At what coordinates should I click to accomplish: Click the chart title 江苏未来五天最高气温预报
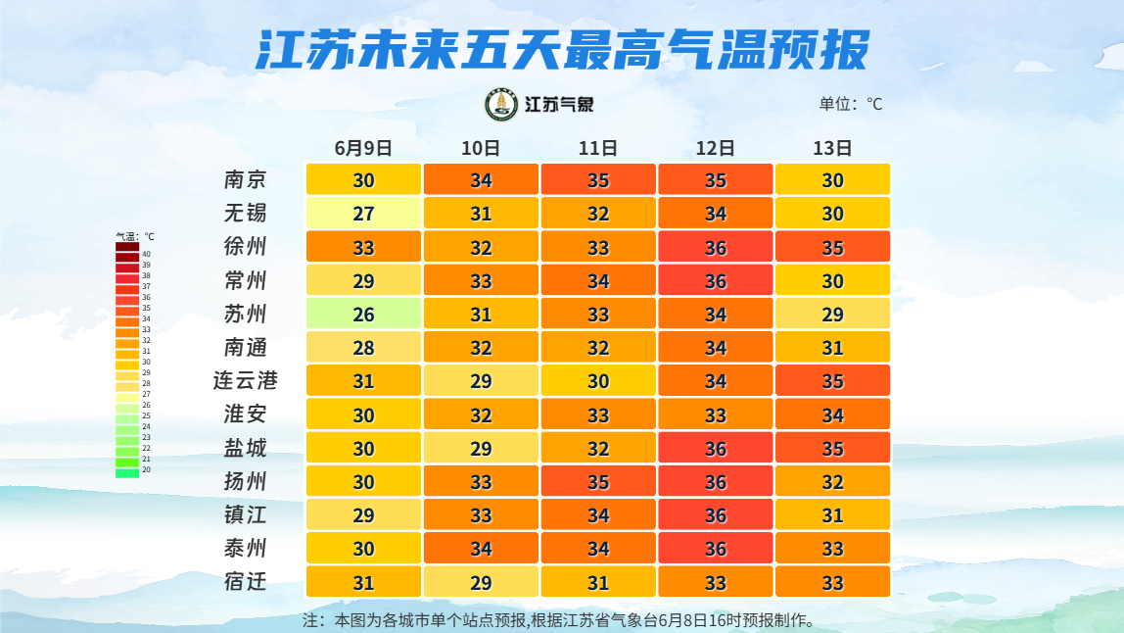point(562,50)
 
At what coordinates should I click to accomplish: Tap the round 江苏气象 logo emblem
point(501,105)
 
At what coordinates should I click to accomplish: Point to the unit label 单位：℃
point(850,104)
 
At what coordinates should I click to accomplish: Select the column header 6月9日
point(363,148)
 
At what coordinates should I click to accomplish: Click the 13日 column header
point(832,148)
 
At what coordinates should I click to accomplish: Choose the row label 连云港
point(245,380)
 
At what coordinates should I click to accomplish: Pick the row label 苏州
point(245,314)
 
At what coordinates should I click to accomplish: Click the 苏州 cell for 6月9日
point(363,314)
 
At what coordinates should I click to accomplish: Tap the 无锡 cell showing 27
point(363,214)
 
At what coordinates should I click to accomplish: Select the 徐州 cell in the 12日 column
point(716,247)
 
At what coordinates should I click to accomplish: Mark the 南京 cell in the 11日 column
point(598,179)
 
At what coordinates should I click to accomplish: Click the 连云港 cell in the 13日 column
point(832,380)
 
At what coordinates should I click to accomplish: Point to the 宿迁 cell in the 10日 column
point(481,582)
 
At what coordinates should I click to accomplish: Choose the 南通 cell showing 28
point(363,347)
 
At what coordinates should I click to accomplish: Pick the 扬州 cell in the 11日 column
point(598,481)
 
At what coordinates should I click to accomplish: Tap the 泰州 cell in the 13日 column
point(832,549)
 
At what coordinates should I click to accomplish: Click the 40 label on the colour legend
point(146,254)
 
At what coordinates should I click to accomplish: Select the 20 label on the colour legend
point(146,470)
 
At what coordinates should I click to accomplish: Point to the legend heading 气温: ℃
point(135,236)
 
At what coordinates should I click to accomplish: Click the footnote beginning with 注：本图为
point(558,620)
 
